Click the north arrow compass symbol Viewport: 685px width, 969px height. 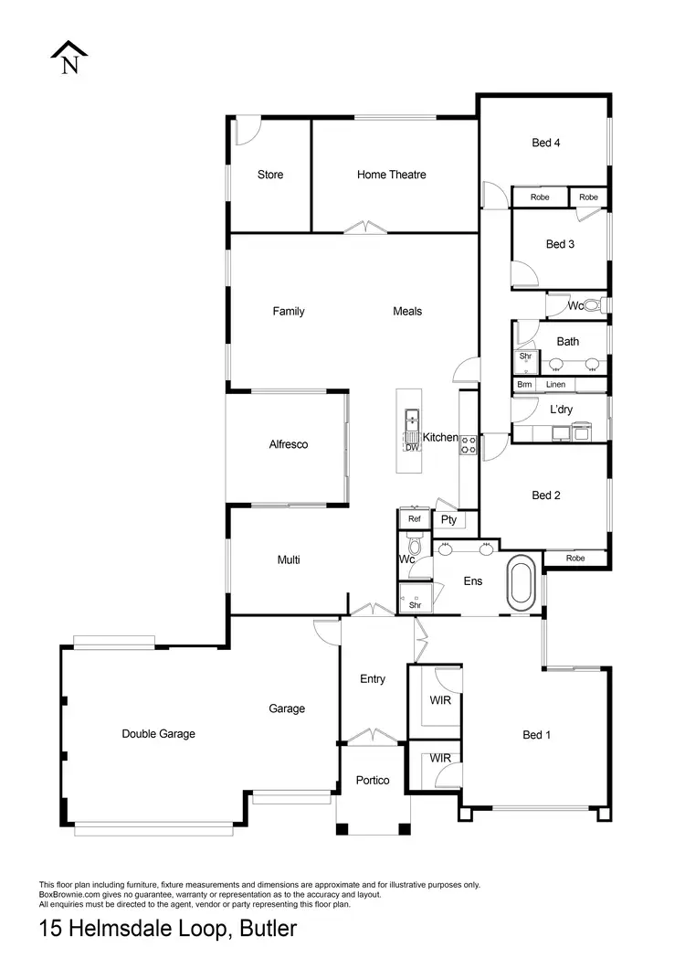[69, 58]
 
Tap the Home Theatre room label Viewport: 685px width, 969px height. [391, 175]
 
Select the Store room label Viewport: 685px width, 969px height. [270, 175]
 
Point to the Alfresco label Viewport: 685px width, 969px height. [289, 444]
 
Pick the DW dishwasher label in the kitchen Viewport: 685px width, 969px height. [412, 447]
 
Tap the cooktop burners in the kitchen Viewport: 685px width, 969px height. [469, 445]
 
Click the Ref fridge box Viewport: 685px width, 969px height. [415, 519]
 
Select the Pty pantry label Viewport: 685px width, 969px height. [448, 520]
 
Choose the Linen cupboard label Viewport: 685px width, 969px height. [556, 385]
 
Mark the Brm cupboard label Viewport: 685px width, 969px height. [524, 385]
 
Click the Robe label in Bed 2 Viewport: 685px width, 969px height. [575, 558]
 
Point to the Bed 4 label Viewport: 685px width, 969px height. [546, 142]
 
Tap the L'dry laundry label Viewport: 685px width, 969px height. [561, 410]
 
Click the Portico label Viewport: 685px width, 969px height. [373, 780]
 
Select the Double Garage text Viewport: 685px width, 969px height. [159, 733]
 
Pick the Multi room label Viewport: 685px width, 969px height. [289, 559]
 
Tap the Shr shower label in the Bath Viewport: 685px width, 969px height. [525, 356]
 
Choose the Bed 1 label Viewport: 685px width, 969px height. [537, 734]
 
